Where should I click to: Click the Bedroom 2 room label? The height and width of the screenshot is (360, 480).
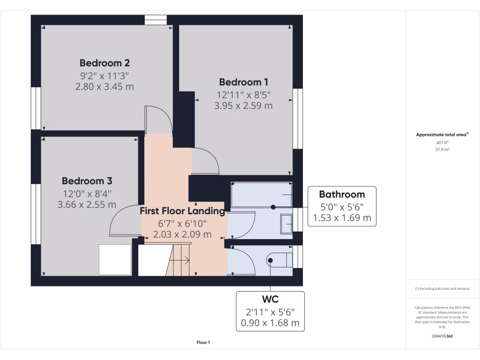click(105, 63)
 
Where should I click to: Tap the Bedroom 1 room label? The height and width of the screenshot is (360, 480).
click(243, 82)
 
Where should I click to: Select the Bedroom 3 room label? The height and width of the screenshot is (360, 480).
click(87, 181)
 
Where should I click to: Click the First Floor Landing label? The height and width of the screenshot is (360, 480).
click(182, 211)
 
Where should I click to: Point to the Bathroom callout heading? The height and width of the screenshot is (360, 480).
click(342, 194)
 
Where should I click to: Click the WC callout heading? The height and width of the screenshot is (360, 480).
click(270, 299)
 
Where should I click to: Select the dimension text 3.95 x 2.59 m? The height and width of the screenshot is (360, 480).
click(243, 106)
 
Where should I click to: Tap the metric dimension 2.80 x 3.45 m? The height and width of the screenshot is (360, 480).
click(105, 87)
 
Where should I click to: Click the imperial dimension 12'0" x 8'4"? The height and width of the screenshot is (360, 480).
click(87, 193)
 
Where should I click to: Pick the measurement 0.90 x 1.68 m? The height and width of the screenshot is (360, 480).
click(270, 323)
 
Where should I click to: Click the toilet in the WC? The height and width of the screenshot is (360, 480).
click(280, 260)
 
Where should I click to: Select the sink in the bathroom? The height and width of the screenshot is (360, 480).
click(286, 224)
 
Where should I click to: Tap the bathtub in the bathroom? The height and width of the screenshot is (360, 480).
click(262, 194)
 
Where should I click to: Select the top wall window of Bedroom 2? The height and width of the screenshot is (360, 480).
click(156, 20)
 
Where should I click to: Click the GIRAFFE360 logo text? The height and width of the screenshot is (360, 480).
click(442, 336)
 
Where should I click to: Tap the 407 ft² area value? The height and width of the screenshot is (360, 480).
click(442, 142)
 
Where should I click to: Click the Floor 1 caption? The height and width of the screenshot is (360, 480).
click(203, 343)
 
